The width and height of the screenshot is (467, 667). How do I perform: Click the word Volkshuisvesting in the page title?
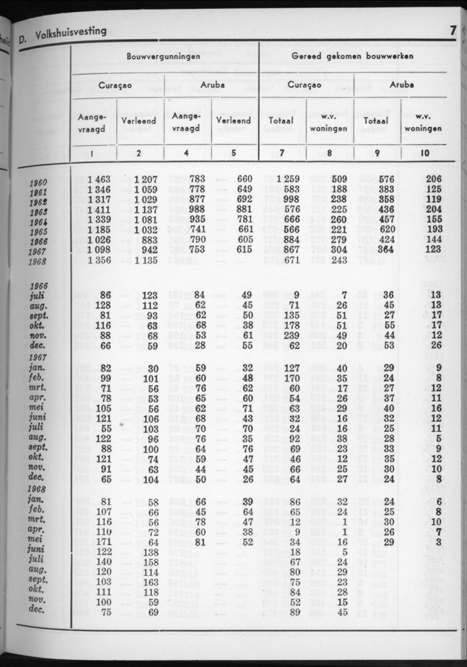tap(70, 33)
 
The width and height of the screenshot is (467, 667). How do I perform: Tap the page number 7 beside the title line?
tap(453, 31)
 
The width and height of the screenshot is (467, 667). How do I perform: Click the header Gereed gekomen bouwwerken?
tap(352, 57)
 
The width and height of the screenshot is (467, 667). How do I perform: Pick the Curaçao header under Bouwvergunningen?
tap(115, 86)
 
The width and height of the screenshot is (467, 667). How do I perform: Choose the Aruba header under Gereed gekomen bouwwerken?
tap(401, 86)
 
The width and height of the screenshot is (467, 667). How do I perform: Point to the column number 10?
tap(425, 153)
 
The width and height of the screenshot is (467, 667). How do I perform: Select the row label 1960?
tap(38, 183)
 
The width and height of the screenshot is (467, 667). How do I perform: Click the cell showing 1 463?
tap(99, 179)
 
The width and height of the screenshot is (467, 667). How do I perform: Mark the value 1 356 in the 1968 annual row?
tap(99, 260)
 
